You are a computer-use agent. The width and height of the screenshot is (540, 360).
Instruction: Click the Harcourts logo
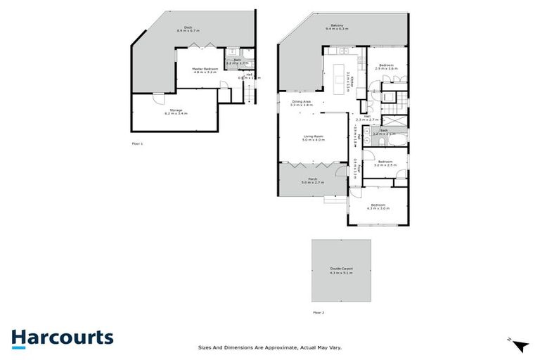pos(62,337)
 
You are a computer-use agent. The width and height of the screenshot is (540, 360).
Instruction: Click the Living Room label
pos(313,138)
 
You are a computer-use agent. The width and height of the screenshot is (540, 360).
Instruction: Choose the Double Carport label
pos(342,270)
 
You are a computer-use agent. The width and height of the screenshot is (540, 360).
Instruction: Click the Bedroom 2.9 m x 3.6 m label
pos(387,67)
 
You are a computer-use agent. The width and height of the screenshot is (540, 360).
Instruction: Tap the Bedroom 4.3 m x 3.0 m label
pos(378,207)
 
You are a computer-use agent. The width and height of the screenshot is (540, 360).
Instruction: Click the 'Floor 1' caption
pos(137,143)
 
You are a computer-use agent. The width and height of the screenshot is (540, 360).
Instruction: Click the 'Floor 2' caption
pos(319,311)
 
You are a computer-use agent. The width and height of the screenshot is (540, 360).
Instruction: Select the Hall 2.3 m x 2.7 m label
pos(367,118)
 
